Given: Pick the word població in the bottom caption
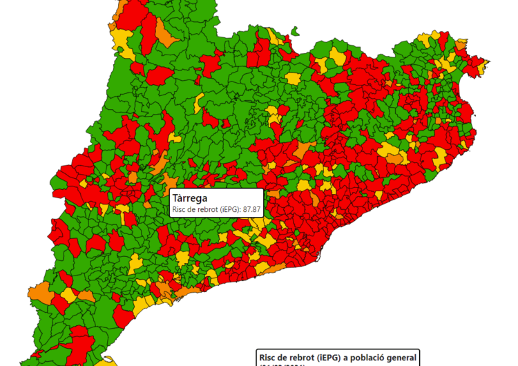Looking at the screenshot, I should (363, 357).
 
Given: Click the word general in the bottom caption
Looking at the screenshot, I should (400, 357).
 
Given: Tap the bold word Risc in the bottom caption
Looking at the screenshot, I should (267, 357).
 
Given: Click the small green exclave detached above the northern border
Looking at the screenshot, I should (295, 30).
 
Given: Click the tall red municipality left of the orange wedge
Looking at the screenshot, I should (148, 28).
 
